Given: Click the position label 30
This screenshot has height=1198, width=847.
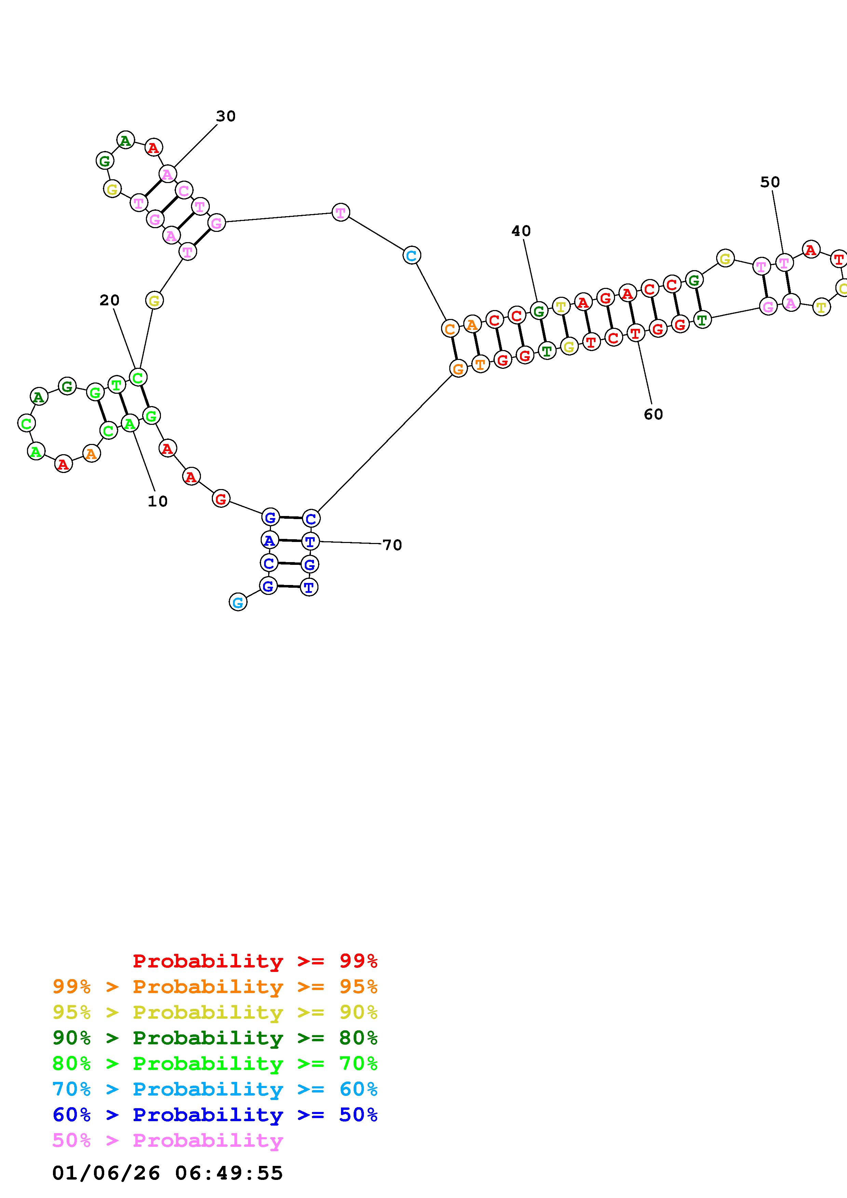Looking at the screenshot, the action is click(226, 116).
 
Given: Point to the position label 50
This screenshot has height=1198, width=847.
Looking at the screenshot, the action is click(770, 182).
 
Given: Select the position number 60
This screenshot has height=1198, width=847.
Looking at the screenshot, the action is click(653, 414).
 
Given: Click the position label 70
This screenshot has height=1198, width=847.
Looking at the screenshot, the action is click(393, 545).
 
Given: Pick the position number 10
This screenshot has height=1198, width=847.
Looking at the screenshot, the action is click(158, 501).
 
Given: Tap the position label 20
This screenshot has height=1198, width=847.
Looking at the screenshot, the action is click(110, 300).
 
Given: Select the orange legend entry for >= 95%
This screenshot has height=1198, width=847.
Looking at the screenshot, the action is click(215, 987).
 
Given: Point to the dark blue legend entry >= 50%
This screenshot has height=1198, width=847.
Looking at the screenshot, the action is click(215, 1115).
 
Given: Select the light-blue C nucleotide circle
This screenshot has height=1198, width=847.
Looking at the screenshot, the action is click(412, 256).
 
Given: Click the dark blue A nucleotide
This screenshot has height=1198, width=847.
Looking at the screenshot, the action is click(269, 541).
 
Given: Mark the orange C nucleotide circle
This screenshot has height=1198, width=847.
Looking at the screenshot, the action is click(450, 329).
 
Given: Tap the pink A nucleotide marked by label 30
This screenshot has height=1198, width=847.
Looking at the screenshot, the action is click(167, 174).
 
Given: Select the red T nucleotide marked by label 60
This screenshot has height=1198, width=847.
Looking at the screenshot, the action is click(636, 333).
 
